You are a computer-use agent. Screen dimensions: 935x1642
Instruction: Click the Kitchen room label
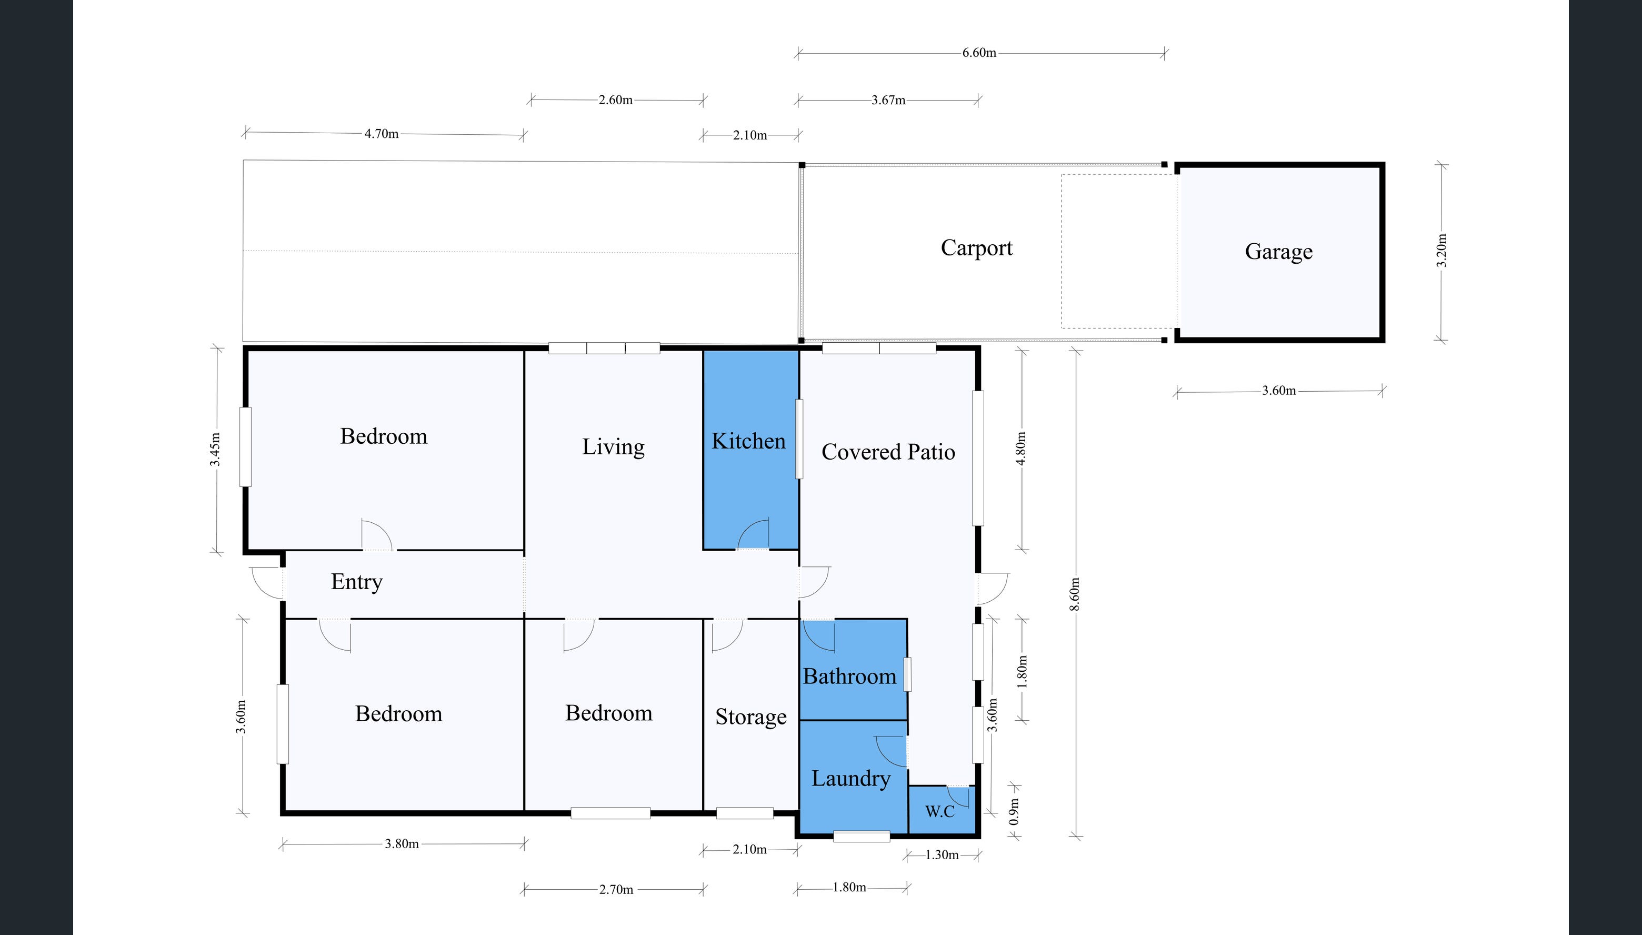748,441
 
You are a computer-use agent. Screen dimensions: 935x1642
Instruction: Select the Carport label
976,248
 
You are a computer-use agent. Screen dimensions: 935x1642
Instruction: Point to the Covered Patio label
888,452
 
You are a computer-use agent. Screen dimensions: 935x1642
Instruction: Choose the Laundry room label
850,778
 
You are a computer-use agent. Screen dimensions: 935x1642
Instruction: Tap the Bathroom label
849,676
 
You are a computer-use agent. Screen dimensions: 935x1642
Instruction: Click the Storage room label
750,717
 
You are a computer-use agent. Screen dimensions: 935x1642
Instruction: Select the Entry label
356,582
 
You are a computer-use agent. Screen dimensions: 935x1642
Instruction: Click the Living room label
613,446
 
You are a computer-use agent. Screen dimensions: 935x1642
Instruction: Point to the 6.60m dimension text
979,53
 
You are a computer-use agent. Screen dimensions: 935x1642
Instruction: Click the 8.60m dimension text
1075,594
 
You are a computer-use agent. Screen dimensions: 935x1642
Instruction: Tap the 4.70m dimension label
382,134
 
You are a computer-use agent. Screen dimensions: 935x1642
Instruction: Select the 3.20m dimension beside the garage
1441,251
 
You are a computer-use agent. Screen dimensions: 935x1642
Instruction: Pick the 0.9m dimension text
1014,811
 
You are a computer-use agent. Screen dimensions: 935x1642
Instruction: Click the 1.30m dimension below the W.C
942,855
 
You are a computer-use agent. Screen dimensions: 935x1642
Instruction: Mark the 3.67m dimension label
888,100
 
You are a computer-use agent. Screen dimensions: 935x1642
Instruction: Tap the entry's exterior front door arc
265,584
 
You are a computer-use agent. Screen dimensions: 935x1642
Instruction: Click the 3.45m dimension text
216,450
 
